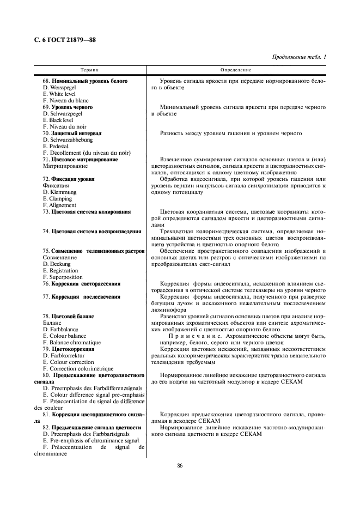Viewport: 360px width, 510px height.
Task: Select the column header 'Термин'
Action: click(x=89, y=70)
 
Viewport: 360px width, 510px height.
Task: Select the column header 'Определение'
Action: click(x=236, y=70)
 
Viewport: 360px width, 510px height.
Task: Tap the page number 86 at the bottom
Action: click(x=180, y=465)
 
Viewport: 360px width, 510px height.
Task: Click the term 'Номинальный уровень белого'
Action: click(x=89, y=81)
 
